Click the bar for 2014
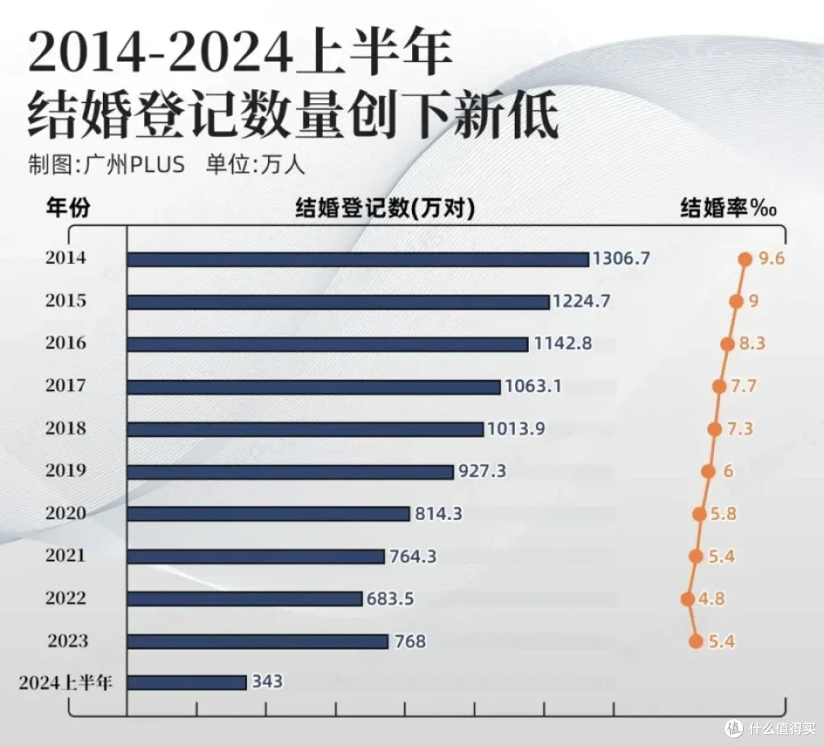tap(358, 260)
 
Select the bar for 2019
tap(290, 472)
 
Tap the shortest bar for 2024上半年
tap(187, 682)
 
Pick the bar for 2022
tap(245, 599)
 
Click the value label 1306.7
tap(622, 259)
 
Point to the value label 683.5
tap(390, 599)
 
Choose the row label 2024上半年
tap(66, 682)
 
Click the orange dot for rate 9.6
tap(745, 260)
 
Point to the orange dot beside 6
tap(708, 471)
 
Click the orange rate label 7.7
tap(743, 386)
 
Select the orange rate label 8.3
tap(752, 344)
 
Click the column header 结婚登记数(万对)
tap(385, 208)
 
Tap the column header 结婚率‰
tap(728, 208)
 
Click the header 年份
tap(68, 208)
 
